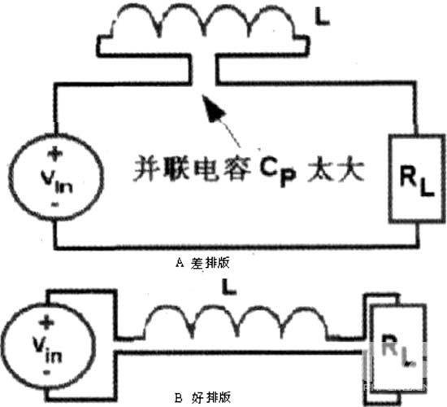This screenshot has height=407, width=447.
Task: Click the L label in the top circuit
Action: [x=323, y=18]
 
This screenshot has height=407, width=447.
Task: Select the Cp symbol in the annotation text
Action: [x=277, y=172]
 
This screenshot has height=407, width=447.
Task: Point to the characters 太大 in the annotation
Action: [x=336, y=170]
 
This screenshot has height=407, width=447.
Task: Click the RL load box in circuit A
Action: [x=416, y=178]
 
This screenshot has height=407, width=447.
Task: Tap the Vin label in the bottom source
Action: [x=47, y=349]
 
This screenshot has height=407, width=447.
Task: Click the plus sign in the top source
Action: [x=55, y=154]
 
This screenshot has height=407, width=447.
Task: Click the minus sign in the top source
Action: [x=55, y=204]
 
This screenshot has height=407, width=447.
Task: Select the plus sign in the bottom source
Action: [x=47, y=322]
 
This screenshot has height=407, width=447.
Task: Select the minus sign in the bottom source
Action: [x=46, y=373]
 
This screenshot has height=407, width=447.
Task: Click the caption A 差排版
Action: [x=202, y=263]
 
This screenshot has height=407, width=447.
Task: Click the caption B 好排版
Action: [x=202, y=397]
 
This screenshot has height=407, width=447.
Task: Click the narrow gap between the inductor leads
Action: [x=203, y=69]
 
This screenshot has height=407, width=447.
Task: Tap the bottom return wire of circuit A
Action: [x=237, y=247]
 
